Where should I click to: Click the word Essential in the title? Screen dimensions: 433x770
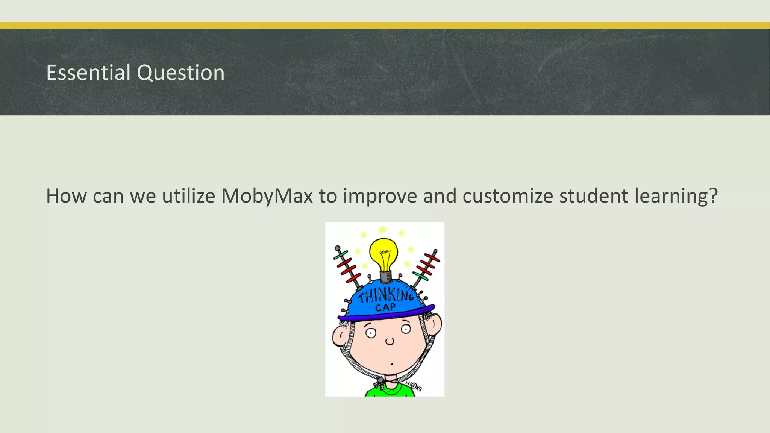pos(88,72)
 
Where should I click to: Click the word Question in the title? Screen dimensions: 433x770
pos(181,73)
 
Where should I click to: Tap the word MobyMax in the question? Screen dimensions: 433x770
pos(267,196)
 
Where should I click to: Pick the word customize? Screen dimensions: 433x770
pos(508,196)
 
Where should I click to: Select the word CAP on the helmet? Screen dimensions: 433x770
pos(385,308)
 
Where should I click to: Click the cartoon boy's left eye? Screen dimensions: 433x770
pos(371,333)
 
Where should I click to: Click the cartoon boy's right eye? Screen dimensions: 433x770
pos(406,329)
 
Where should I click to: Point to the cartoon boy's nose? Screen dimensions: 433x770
pos(390,341)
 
